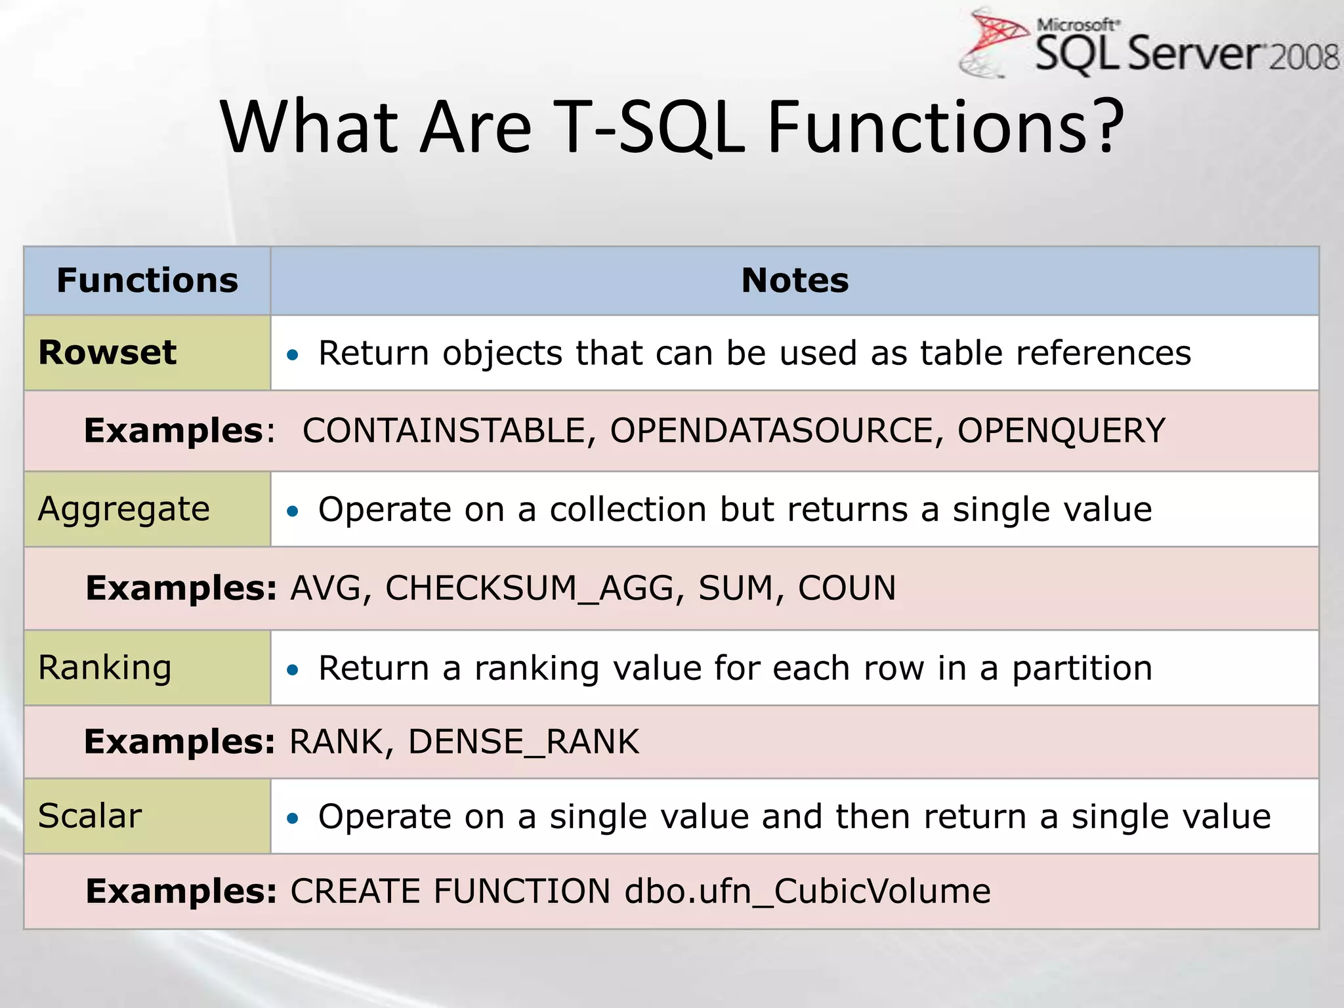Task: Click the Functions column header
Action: coord(148,281)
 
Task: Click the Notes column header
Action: coord(795,281)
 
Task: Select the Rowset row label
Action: coord(108,352)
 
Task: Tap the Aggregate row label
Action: coord(124,509)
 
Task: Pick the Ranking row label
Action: coord(105,668)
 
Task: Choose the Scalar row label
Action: coord(90,816)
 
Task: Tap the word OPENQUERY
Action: coord(1061,431)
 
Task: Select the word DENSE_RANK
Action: coord(523,742)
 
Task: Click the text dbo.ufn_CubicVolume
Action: coord(807,891)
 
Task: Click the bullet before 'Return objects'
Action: coord(293,355)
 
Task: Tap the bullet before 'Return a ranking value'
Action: coord(293,670)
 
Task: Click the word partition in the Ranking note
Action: coord(1081,669)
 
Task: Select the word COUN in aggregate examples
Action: coord(847,588)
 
